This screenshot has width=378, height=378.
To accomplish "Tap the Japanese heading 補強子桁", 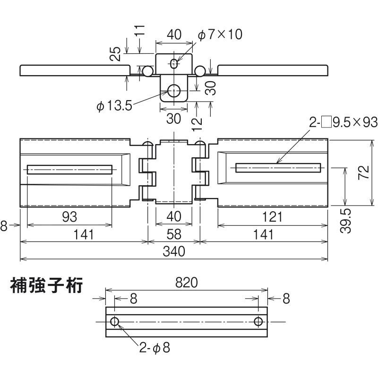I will click(x=47, y=286).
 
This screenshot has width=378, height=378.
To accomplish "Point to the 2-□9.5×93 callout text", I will click(x=343, y=123).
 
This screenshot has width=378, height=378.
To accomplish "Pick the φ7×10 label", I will click(x=220, y=34).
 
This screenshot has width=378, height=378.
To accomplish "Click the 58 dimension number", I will click(x=174, y=234).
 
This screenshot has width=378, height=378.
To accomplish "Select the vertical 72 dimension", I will click(x=363, y=173).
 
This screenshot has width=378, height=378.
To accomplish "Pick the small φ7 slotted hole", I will click(x=175, y=63).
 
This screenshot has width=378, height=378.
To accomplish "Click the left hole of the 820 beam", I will click(x=115, y=322).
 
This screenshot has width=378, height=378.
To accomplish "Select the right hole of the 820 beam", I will click(x=258, y=322).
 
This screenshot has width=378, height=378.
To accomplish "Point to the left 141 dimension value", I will click(x=84, y=234).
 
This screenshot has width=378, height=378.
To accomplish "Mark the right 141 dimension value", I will click(x=263, y=234).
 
